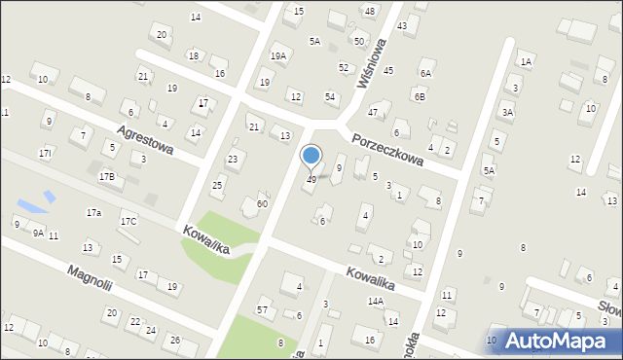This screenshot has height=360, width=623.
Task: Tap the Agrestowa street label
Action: pos(144,140)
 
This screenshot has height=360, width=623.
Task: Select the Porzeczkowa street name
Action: pos(386,148)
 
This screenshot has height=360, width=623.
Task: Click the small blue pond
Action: pos(33,204)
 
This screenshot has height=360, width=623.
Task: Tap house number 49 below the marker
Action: pos(311,180)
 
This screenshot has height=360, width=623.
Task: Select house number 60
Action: pos(262,203)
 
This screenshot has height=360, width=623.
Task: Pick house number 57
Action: pos(262,309)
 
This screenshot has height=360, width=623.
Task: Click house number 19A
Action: pos(278,56)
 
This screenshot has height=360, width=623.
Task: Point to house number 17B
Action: pos(106,176)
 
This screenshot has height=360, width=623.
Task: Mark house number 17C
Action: pos(128,222)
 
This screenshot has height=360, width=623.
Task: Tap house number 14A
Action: pos(375,302)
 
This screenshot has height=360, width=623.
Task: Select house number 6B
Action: pos(419,96)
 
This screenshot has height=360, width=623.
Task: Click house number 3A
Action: pos(507,113)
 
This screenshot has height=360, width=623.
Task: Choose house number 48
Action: pos(369,11)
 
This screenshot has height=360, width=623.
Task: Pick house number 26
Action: pos(175,340)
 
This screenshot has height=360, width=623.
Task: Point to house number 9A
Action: pos(38,234)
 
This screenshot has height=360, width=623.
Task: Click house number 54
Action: pos(330,96)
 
